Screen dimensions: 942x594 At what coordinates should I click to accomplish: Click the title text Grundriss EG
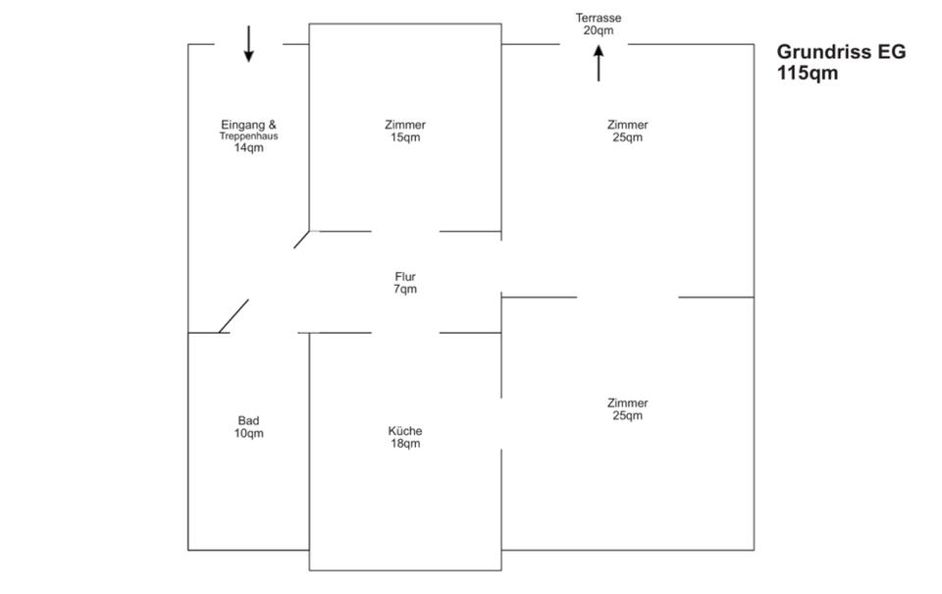(841, 53)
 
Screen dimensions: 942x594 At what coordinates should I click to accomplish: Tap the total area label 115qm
(808, 74)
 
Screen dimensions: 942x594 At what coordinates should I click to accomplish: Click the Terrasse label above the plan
(599, 18)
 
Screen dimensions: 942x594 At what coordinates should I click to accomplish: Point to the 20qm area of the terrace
(599, 30)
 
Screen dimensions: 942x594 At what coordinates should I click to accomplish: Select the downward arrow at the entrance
(248, 43)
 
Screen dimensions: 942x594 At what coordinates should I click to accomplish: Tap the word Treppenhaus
(248, 136)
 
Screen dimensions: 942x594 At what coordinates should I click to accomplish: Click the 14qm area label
(248, 148)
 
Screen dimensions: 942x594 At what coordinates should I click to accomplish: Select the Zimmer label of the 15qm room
(405, 125)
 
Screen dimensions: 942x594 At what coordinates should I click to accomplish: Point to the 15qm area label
(405, 137)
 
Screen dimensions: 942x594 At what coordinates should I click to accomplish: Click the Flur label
(405, 277)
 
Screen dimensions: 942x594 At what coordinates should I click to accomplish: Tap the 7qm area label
(405, 290)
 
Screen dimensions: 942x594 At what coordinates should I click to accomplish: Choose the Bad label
(248, 420)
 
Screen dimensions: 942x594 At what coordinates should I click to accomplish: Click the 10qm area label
(248, 433)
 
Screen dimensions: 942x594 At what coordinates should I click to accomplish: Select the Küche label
(405, 431)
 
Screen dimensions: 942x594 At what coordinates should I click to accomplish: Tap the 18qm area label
(405, 444)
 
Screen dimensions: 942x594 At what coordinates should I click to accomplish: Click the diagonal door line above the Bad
(234, 316)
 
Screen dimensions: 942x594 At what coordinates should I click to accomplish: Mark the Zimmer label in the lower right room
(627, 403)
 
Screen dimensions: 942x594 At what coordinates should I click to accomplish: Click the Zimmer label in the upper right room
(627, 125)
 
